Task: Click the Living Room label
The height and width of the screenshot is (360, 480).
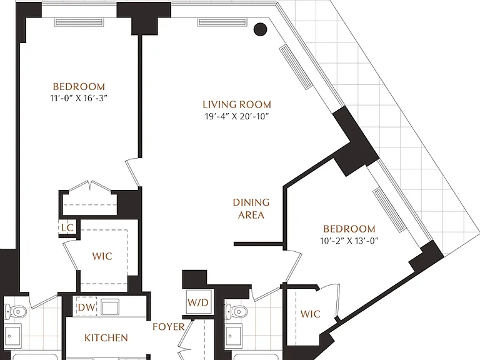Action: (x=237, y=105)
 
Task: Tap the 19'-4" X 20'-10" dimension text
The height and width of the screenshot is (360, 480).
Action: (x=237, y=117)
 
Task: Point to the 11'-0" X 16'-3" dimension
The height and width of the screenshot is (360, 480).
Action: (x=79, y=98)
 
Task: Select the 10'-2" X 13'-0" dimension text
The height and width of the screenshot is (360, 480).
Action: (x=349, y=241)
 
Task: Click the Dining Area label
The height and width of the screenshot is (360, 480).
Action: (x=251, y=209)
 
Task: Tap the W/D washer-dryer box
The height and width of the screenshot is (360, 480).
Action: (x=198, y=302)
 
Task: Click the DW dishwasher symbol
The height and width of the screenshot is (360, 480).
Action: (x=87, y=307)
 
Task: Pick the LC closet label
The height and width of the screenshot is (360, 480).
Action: (x=67, y=227)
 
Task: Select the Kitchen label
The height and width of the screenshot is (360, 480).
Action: (x=106, y=338)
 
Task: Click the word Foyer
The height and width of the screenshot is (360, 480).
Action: (x=169, y=327)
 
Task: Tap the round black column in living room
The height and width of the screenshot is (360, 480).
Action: (x=260, y=29)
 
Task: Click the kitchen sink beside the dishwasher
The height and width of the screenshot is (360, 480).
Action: (x=110, y=307)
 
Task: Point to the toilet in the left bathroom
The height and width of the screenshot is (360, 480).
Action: (x=15, y=312)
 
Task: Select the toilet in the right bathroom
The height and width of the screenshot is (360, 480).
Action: (x=236, y=312)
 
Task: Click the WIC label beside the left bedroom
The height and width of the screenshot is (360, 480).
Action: (x=102, y=256)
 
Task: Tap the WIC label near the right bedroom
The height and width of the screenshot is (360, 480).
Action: (x=311, y=314)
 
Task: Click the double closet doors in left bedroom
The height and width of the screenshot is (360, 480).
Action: (x=90, y=186)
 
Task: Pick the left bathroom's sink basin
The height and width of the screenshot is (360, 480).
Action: (x=12, y=336)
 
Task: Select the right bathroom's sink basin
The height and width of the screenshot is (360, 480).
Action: (x=233, y=336)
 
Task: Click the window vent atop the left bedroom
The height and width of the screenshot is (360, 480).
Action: (x=79, y=22)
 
